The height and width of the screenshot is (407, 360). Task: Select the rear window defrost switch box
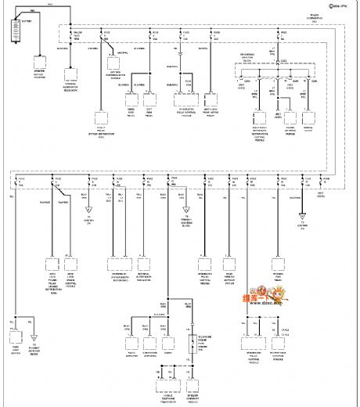pos(230,268)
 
